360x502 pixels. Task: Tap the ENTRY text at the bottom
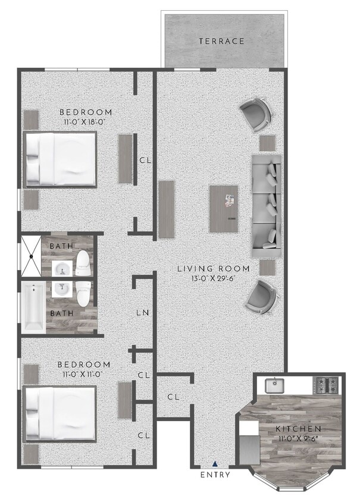pyautogui.click(x=215, y=475)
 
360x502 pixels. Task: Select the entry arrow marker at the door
pyautogui.click(x=215, y=463)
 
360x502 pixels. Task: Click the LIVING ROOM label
pyautogui.click(x=214, y=269)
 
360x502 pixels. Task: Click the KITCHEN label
pyautogui.click(x=299, y=428)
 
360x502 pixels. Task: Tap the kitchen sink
pyautogui.click(x=274, y=385)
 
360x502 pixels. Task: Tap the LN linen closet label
pyautogui.click(x=143, y=313)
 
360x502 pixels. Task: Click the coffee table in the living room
pyautogui.click(x=224, y=209)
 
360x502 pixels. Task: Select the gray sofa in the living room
pyautogui.click(x=267, y=206)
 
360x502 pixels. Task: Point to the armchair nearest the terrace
pyautogui.click(x=255, y=114)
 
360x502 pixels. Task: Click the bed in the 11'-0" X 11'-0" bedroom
pyautogui.click(x=60, y=413)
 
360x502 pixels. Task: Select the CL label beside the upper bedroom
pyautogui.click(x=144, y=160)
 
